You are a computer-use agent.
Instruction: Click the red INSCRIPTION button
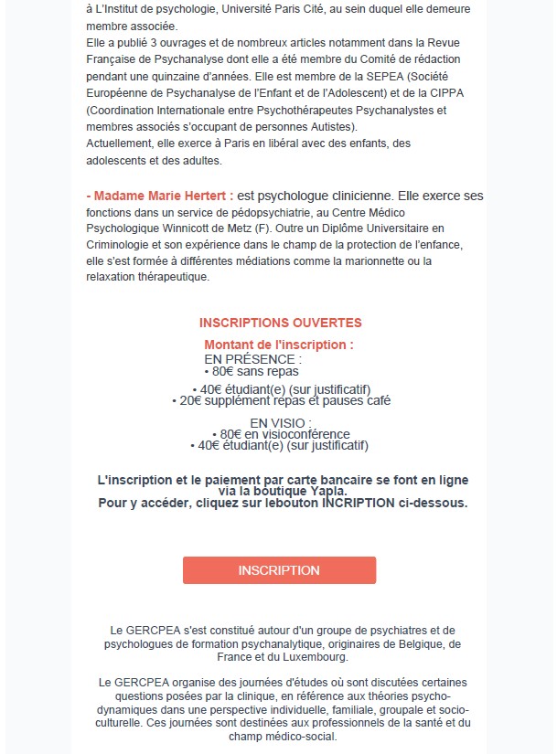tap(279, 570)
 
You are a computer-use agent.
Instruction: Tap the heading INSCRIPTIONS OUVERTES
tap(280, 323)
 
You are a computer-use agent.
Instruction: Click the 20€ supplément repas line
tap(281, 400)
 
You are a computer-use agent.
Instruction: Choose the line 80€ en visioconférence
tap(279, 434)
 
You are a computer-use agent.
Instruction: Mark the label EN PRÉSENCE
tap(252, 359)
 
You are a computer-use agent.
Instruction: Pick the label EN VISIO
tap(273, 422)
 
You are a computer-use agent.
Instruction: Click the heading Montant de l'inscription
tap(279, 345)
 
